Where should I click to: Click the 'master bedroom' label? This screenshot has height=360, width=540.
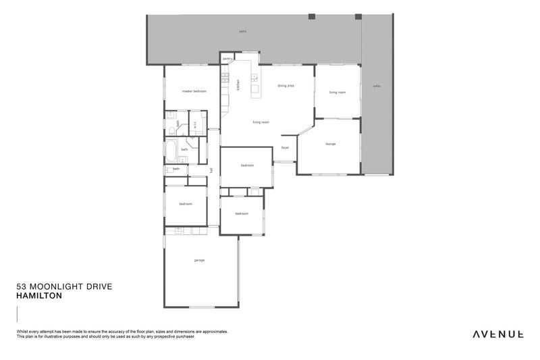194,91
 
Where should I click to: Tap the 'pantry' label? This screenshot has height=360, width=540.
227,59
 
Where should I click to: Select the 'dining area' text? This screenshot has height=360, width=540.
286,86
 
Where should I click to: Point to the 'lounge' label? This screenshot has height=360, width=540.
330,144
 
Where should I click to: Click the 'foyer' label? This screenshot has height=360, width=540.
285,147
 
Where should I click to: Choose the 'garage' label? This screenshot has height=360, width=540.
199,260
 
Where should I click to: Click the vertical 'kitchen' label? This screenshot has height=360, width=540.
238,84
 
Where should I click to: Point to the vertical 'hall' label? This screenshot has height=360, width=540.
211,170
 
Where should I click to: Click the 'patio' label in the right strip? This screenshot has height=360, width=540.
377,86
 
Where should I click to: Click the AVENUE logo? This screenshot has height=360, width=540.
498,334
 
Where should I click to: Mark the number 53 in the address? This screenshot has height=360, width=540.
20,287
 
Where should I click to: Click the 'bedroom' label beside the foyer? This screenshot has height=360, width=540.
246,165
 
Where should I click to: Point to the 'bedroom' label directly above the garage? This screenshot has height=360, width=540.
186,204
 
